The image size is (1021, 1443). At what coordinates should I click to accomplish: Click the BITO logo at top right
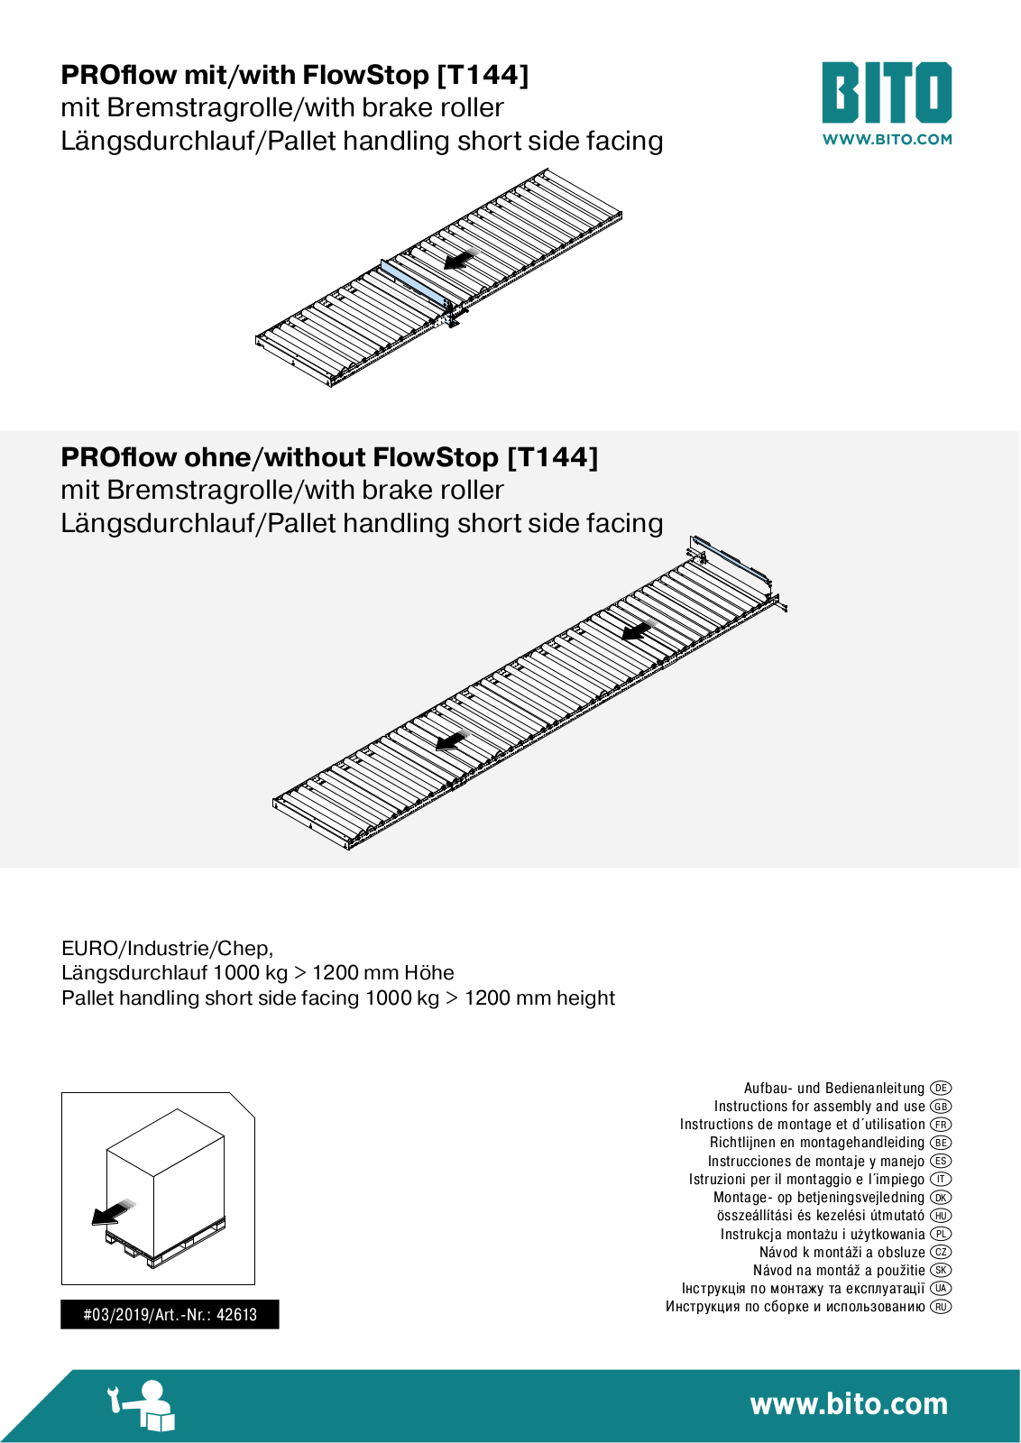point(887,92)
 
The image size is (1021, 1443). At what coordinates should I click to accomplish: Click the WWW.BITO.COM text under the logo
point(887,139)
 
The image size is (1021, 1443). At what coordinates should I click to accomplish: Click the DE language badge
point(941,1088)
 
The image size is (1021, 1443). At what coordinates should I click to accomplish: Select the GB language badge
point(941,1106)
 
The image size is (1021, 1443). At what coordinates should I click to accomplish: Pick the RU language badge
point(941,1307)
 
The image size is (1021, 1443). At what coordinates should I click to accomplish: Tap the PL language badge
point(941,1234)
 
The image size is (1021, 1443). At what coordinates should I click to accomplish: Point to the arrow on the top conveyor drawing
point(459,259)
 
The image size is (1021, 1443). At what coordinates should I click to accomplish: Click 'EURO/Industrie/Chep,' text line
point(168,948)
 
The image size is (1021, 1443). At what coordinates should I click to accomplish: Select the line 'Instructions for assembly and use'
point(819,1106)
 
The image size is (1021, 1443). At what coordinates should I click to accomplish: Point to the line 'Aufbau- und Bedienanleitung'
point(834,1088)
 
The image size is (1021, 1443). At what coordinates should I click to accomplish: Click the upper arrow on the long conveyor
point(639,630)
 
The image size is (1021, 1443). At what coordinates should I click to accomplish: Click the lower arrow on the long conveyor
point(453,740)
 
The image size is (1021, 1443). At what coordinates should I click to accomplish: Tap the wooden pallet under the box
point(166,1241)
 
